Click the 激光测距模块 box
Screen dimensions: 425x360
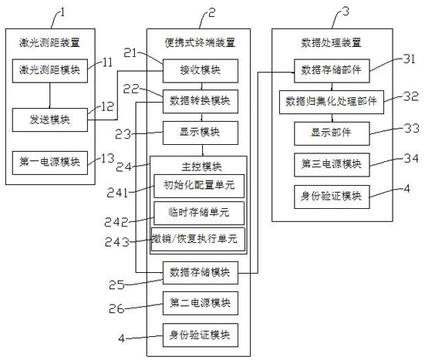coord(50,71)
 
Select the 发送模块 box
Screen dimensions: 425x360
coord(50,120)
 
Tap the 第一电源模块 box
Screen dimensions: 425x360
coord(50,163)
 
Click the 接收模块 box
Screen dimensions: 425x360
coord(201,71)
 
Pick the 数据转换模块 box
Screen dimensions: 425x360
coord(201,101)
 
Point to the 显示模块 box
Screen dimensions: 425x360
coord(201,133)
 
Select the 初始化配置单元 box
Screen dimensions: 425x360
coord(199,186)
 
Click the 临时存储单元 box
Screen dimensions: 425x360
coord(199,213)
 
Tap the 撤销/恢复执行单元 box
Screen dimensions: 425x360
coord(198,240)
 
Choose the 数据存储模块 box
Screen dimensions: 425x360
coord(201,273)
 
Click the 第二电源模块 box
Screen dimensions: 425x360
coord(201,303)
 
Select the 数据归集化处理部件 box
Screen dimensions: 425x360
coord(332,102)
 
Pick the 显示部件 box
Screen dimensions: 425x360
coord(332,133)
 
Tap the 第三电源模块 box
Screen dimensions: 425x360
coord(332,165)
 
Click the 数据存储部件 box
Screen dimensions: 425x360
coord(332,71)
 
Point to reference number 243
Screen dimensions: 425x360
coord(117,242)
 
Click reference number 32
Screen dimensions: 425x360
coord(411,96)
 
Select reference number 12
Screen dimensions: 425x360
coord(107,106)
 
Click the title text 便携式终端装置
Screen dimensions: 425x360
coord(200,43)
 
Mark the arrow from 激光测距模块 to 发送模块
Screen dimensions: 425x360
coord(50,96)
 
